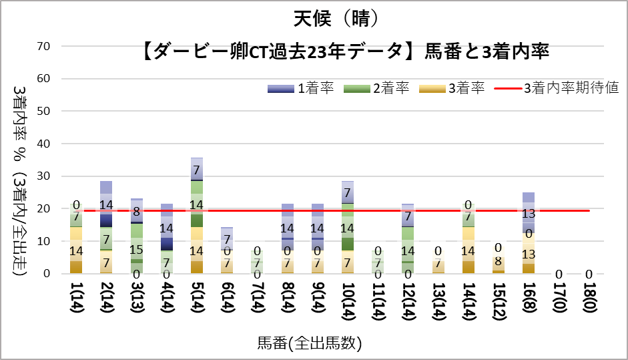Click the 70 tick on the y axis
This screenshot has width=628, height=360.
44,46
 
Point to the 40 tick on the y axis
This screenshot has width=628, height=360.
44,144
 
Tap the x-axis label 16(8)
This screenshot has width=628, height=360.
528,299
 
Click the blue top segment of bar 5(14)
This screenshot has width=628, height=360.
197,169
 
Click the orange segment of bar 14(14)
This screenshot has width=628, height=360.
468,250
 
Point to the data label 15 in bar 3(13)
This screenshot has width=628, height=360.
136,250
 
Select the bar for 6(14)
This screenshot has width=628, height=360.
227,250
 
